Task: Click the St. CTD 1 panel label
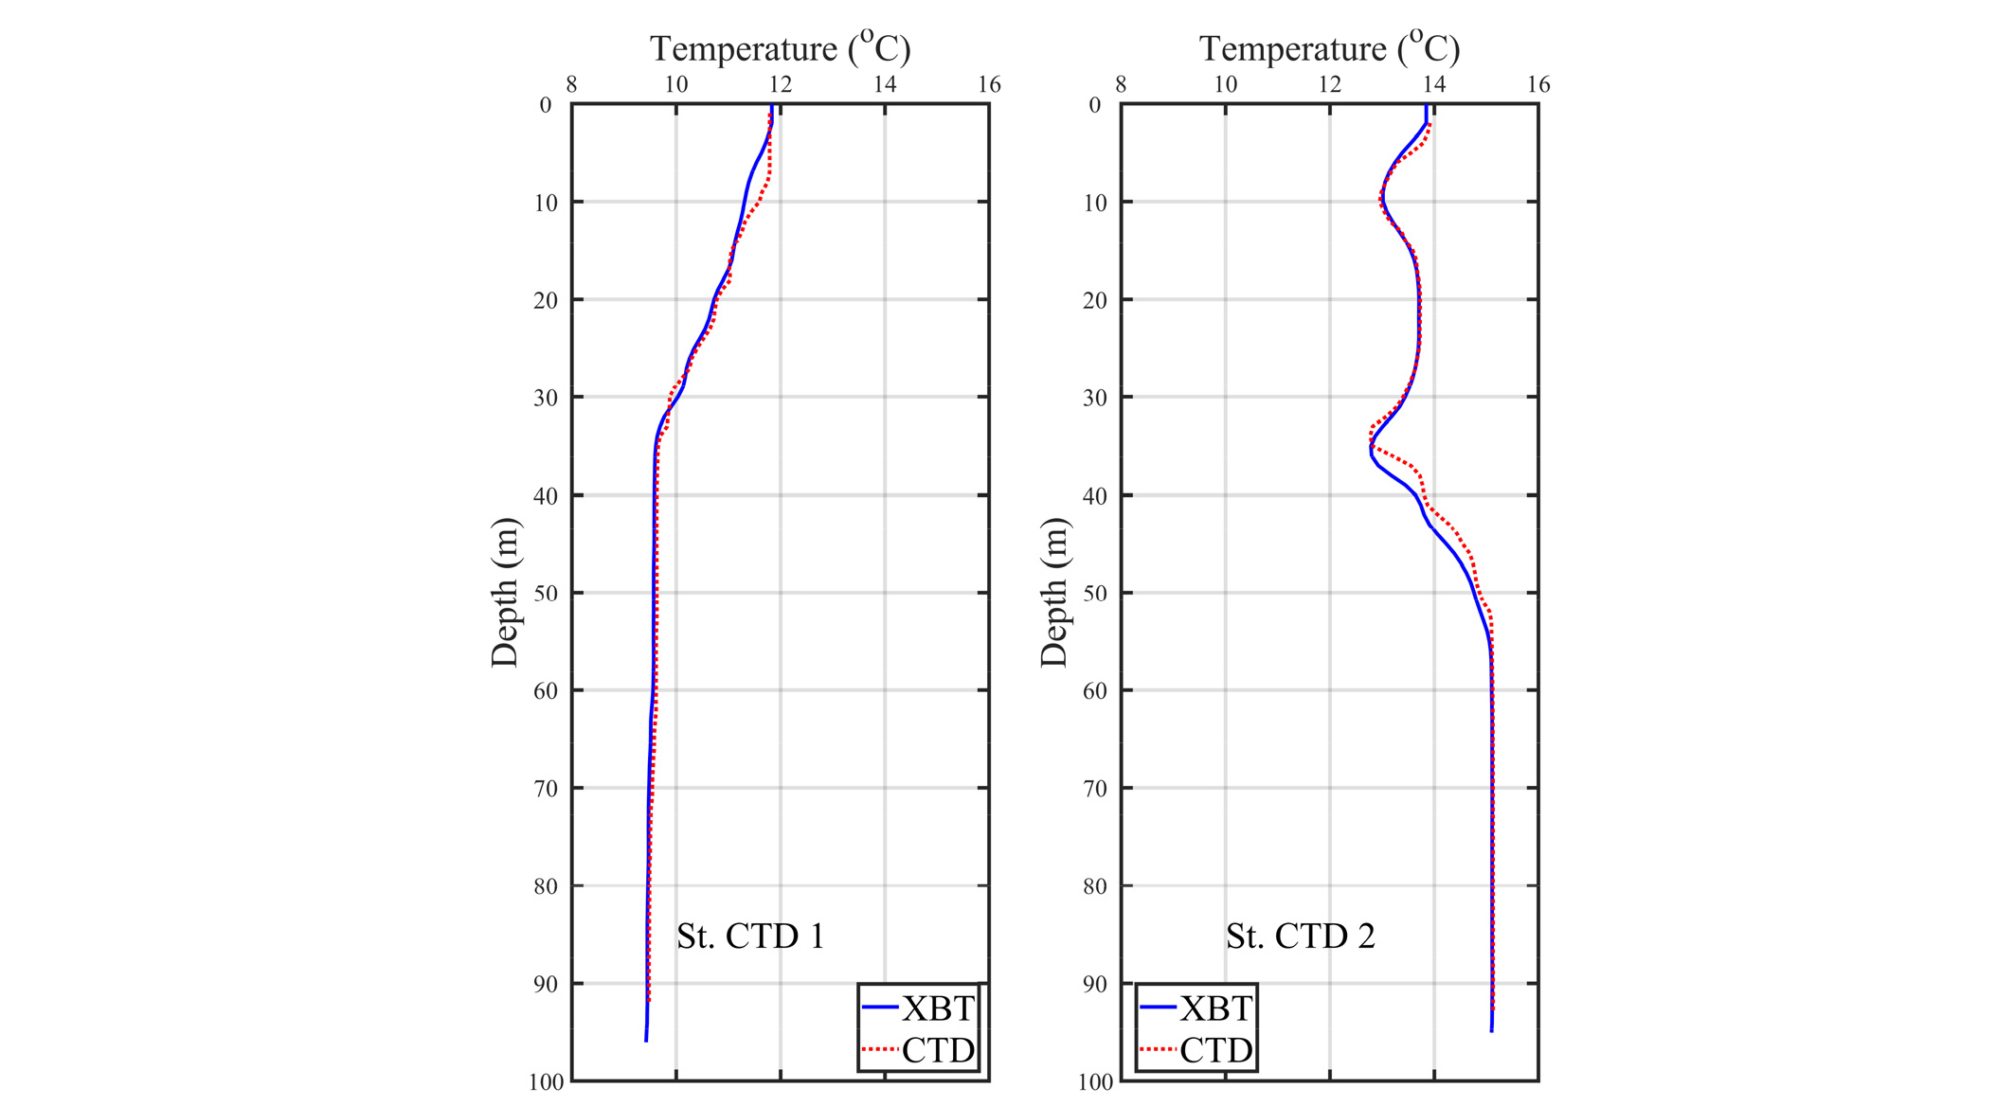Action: [x=750, y=937]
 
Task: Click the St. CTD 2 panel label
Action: [x=1300, y=937]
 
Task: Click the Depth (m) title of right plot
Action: [x=1054, y=593]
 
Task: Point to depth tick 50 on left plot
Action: [x=546, y=594]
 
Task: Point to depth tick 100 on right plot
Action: [x=1096, y=1082]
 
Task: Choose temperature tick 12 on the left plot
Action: [x=780, y=85]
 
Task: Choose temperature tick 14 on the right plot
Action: [x=1434, y=85]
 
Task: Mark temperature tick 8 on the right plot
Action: [x=1121, y=85]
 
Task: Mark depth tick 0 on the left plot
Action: [x=546, y=105]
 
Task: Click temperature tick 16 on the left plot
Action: [x=989, y=85]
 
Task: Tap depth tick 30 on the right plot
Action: [x=1095, y=398]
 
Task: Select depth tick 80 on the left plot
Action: [x=546, y=886]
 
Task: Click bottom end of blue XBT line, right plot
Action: [x=1491, y=1031]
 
